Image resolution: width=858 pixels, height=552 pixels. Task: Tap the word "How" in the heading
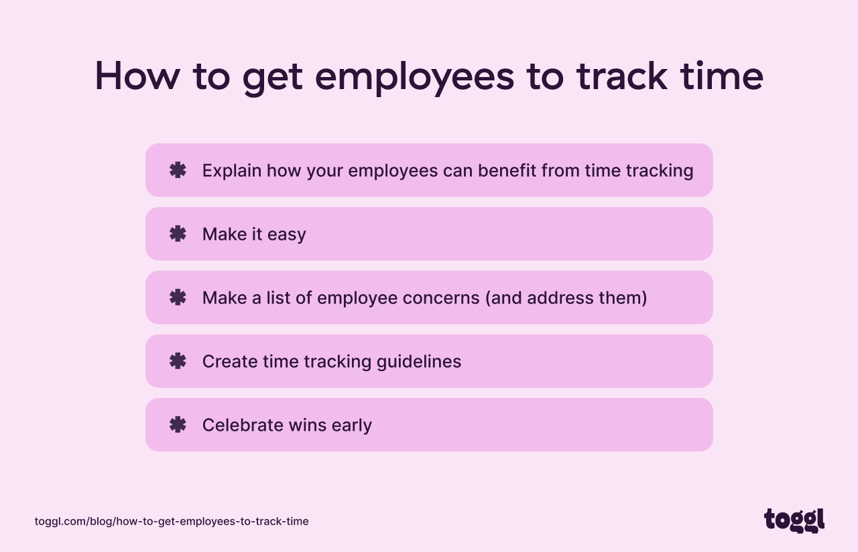pos(137,76)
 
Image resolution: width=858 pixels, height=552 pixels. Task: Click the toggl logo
pos(794,520)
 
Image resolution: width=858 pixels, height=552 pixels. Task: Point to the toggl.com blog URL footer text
pos(172,521)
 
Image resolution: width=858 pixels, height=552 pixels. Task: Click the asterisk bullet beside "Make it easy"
pos(178,234)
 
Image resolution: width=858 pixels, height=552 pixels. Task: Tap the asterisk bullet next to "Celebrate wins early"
pos(178,425)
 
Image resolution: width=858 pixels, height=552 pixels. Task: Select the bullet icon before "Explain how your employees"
pos(178,170)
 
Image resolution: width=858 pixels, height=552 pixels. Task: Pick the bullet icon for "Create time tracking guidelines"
pos(178,361)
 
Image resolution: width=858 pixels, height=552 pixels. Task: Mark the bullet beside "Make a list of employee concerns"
pos(178,297)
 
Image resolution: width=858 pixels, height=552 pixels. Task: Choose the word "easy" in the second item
pos(287,235)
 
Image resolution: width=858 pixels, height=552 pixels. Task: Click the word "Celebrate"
pos(243,425)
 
